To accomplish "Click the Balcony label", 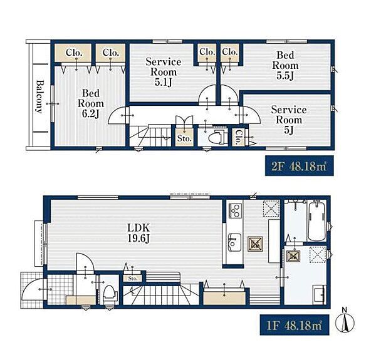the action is tap(39, 97).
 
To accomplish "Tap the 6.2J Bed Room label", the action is tap(91, 103).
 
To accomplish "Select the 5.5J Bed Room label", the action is tap(285, 65).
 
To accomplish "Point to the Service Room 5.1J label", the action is tap(164, 72).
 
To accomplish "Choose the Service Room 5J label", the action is tap(289, 120).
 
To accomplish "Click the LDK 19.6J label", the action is tap(138, 233).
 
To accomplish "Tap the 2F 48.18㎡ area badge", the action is tap(300, 166).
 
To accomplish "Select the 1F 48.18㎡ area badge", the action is tap(295, 325).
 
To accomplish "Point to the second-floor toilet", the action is tap(217, 138).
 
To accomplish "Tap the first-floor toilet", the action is tap(110, 294).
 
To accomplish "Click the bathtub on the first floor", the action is tap(316, 221).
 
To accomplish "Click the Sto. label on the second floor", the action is tap(184, 138).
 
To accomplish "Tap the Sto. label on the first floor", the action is tap(133, 279).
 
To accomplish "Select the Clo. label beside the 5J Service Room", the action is tap(238, 137).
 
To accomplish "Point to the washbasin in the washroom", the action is tap(320, 294).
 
